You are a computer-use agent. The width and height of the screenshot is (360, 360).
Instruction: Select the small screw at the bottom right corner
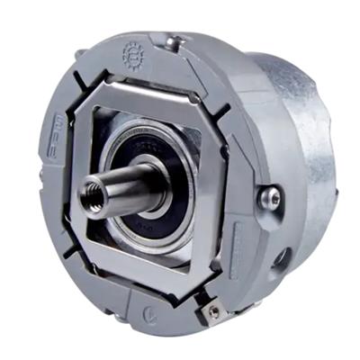(x=213, y=310)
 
